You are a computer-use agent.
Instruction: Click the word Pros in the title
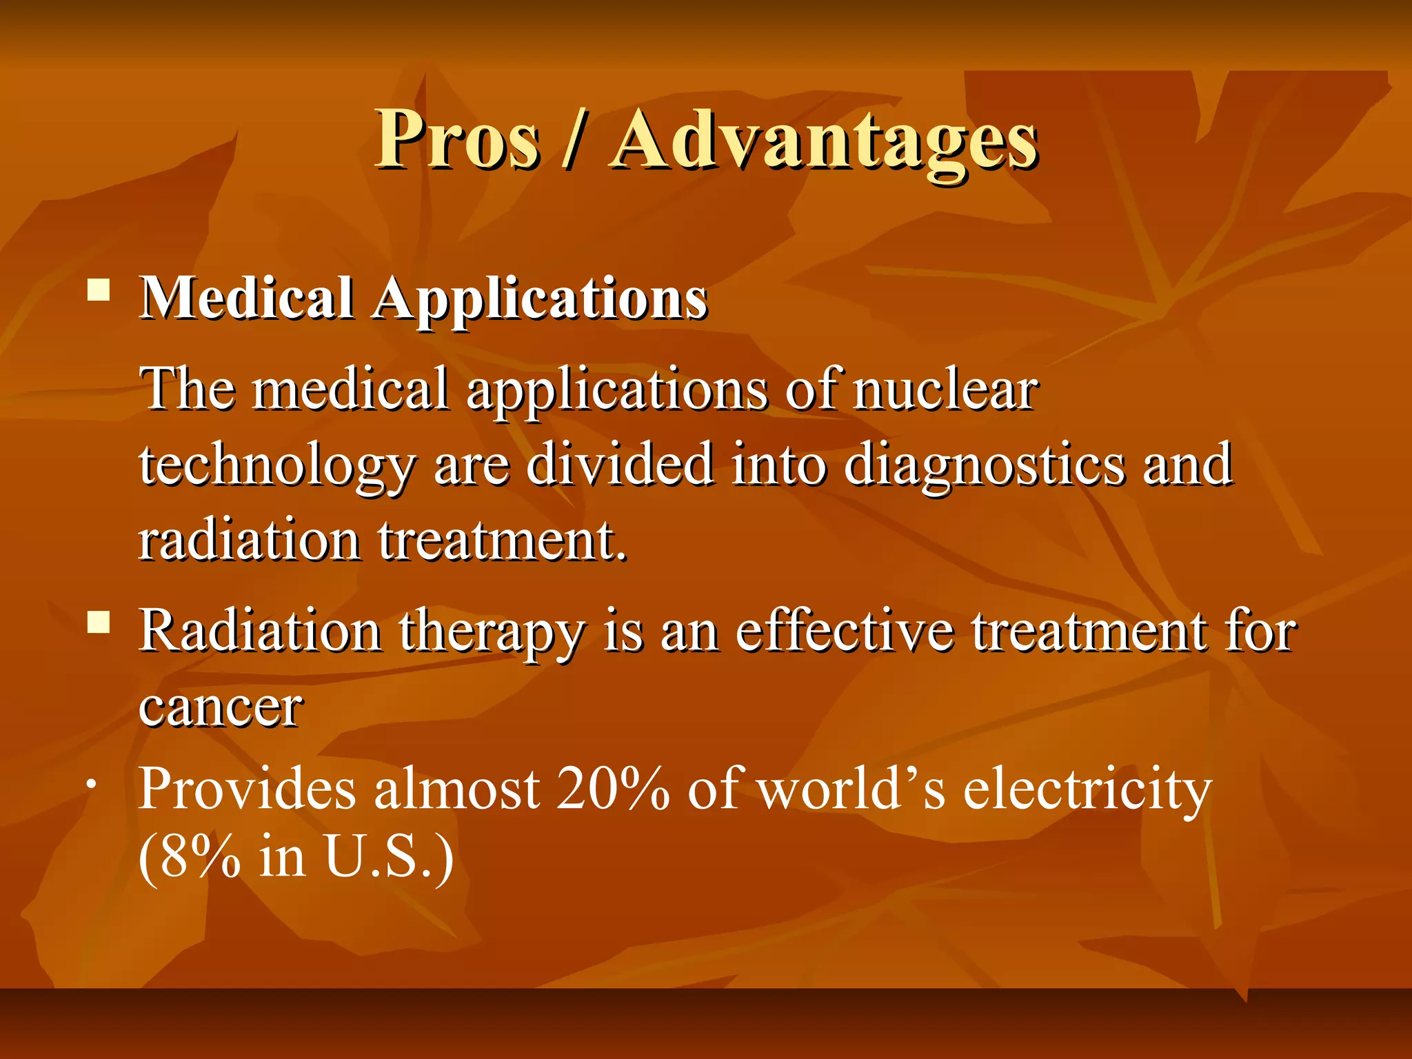pyautogui.click(x=456, y=139)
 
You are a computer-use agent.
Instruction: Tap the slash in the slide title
pyautogui.click(x=574, y=141)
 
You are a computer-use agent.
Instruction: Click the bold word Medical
pyautogui.click(x=246, y=299)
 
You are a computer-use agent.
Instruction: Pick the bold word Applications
pyautogui.click(x=540, y=301)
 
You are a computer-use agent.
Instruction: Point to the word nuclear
pyautogui.click(x=945, y=390)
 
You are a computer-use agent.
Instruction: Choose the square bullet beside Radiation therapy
pyautogui.click(x=99, y=623)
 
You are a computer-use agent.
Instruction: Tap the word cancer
pyautogui.click(x=221, y=707)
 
